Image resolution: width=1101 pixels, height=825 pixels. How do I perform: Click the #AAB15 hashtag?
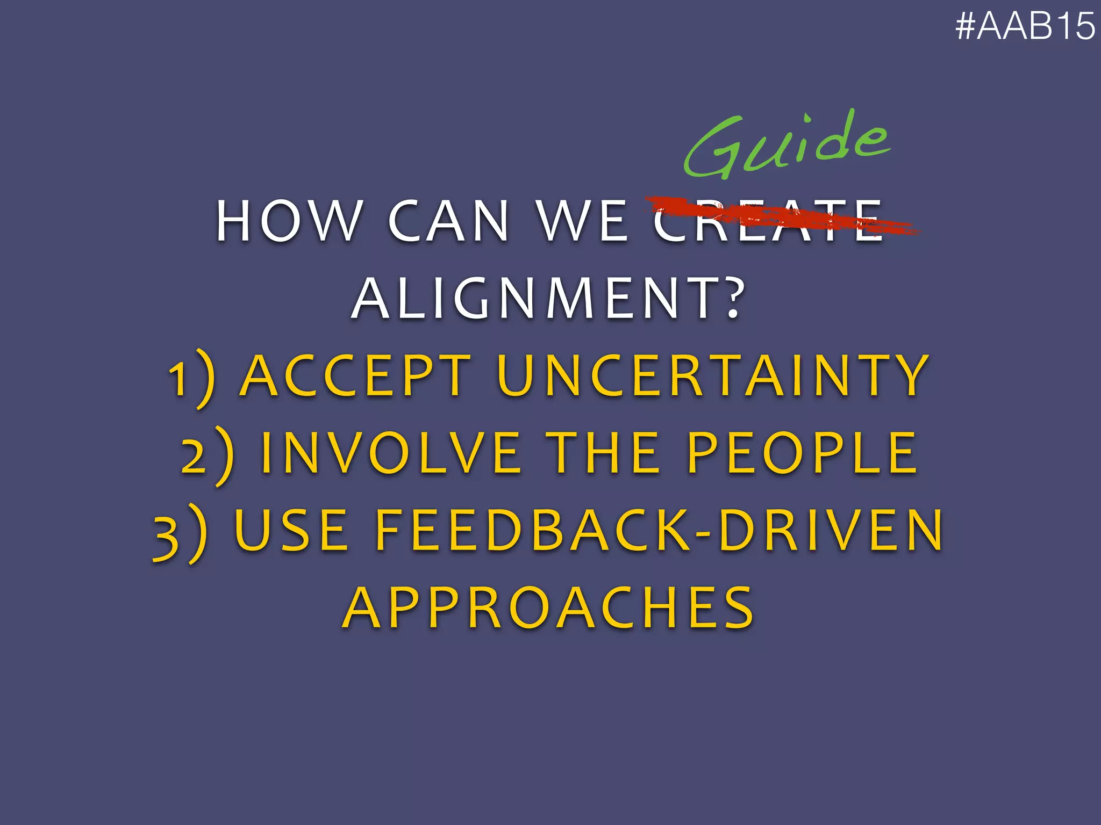1025,26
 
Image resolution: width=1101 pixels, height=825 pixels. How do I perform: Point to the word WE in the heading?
583,221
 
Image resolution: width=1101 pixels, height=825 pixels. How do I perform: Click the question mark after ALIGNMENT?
732,299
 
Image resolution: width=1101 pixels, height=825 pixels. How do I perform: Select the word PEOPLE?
803,453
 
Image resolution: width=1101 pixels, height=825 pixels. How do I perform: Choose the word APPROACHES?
548,608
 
